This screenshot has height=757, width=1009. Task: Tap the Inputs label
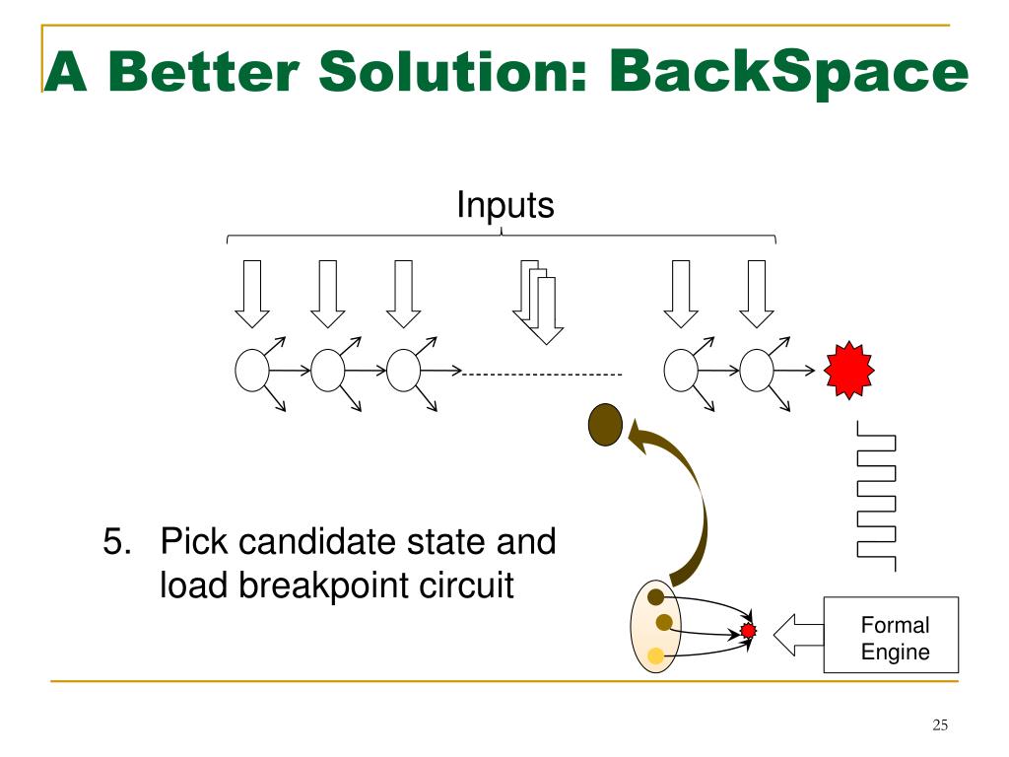tap(504, 206)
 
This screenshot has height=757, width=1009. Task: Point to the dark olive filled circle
tap(605, 425)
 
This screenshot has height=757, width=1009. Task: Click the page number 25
tap(939, 726)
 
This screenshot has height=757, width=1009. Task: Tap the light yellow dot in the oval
tap(655, 654)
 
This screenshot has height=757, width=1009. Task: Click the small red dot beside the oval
tap(748, 630)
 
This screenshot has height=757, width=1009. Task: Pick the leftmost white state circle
tap(252, 371)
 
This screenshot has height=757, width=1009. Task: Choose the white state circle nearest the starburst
tap(757, 371)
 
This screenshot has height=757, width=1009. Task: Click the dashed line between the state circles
tap(543, 375)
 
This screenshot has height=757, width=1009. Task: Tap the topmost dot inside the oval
tap(655, 597)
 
